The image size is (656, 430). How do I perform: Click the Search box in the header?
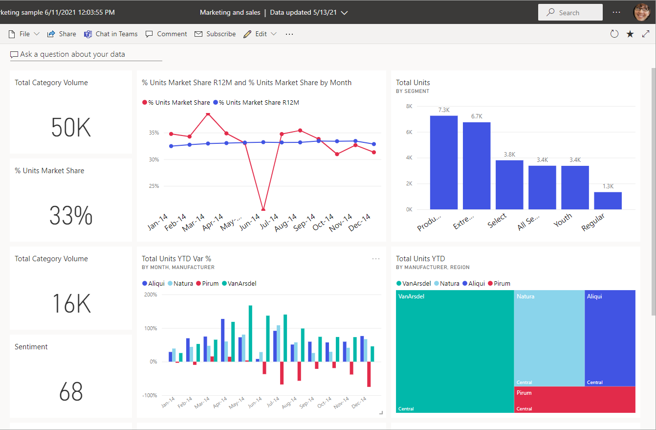570,13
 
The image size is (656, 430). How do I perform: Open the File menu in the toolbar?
24,34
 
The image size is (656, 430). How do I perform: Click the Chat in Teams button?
111,34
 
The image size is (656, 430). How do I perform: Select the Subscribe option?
215,34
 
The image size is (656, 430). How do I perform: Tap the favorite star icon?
630,34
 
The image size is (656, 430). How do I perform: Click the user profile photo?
642,12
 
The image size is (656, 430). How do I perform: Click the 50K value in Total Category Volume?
71,128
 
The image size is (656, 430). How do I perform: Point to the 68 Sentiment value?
71,392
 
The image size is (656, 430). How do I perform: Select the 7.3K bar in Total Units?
444,162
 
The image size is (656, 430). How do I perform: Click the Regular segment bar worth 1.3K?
608,201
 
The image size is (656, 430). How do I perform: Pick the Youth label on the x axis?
563,221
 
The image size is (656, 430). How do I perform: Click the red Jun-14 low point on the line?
263,209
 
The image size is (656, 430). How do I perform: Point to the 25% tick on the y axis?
153,186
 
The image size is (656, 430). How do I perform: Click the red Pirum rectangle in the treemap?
574,400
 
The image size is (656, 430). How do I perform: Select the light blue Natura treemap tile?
549,338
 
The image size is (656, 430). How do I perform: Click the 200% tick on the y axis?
150,295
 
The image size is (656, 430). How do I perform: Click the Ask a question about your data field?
72,54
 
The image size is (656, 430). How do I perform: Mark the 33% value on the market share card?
71,216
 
